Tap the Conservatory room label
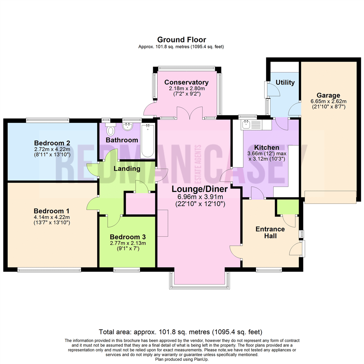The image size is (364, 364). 186,82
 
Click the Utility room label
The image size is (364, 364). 285,83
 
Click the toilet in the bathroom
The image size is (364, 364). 110,129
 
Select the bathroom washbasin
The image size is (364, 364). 128,127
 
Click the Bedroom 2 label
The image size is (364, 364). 52,142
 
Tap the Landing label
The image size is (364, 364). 126,168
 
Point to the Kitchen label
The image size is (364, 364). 266,147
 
